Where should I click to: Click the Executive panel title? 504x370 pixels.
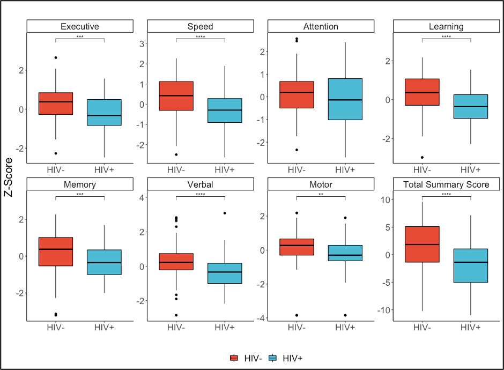pos(80,26)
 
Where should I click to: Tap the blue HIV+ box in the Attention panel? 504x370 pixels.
pos(345,99)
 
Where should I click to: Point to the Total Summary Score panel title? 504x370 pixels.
pos(446,185)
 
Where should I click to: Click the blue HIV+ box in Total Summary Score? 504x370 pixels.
pos(470,265)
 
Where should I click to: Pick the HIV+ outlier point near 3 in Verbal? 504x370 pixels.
pos(225,213)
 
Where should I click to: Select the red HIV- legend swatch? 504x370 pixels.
pos(234,358)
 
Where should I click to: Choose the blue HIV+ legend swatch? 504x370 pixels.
pos(272,358)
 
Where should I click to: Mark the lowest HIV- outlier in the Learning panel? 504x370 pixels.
pos(422,157)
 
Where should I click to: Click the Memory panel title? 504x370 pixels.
pos(80,185)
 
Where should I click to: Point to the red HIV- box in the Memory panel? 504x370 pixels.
pos(56,251)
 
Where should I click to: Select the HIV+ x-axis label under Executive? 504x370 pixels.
pos(104,170)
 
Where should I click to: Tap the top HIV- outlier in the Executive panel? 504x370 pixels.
pos(56,57)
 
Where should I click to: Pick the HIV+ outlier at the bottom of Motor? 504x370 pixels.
pos(345,315)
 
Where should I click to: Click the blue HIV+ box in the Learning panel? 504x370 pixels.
pos(470,106)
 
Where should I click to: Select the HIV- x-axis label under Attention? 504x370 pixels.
pos(297,170)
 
